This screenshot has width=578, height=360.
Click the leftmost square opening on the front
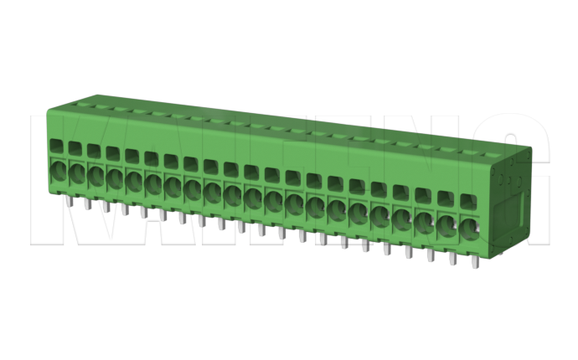tap(56, 146)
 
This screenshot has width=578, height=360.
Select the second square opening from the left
tap(75, 148)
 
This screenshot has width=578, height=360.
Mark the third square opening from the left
tap(93, 150)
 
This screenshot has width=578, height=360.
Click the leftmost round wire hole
tap(59, 173)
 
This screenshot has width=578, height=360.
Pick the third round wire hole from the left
tap(95, 178)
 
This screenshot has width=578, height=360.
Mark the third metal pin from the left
tap(105, 208)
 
